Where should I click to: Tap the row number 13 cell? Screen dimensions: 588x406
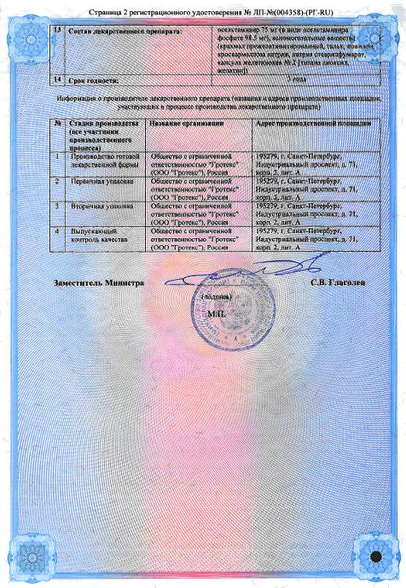pyautogui.click(x=57, y=30)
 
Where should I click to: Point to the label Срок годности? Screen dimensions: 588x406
pyautogui.click(x=95, y=79)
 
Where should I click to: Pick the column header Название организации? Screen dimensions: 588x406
pyautogui.click(x=186, y=124)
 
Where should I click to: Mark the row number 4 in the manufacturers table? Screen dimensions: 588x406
pyautogui.click(x=56, y=230)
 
